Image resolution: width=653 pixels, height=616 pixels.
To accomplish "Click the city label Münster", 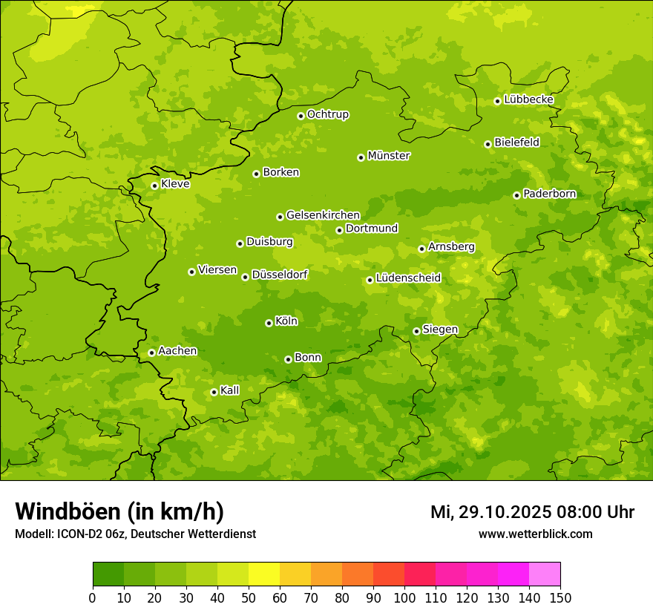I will click(x=389, y=156).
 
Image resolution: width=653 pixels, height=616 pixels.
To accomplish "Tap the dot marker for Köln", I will click(x=269, y=323).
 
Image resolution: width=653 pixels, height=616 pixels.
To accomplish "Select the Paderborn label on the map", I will click(x=550, y=194).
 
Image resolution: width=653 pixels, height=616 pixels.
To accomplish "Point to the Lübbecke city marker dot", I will click(x=497, y=101).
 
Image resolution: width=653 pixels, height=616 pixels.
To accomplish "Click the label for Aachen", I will click(x=177, y=351).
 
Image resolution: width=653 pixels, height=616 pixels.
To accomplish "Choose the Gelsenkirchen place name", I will click(x=323, y=215).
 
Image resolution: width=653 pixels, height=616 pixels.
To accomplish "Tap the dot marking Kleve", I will click(x=154, y=186).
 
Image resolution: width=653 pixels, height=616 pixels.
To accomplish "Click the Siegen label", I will click(x=440, y=330).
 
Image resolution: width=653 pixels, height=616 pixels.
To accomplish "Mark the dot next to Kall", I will click(x=214, y=392).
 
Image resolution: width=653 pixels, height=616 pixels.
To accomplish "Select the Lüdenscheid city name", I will click(x=408, y=278).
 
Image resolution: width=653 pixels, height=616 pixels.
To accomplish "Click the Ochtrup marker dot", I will click(x=301, y=116).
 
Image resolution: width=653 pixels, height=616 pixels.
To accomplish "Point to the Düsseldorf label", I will click(x=280, y=275).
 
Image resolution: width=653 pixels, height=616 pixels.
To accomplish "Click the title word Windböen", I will click(x=67, y=511).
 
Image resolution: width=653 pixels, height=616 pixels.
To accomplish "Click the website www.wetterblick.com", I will click(x=535, y=534).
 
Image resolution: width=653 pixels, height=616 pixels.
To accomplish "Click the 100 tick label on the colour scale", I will click(x=404, y=597).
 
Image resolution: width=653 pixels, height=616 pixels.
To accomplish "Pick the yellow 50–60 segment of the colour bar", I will click(x=264, y=574).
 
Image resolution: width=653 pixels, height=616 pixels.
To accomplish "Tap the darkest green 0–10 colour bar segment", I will click(x=108, y=574).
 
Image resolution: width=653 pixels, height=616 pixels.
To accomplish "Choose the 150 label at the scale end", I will click(x=560, y=597).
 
